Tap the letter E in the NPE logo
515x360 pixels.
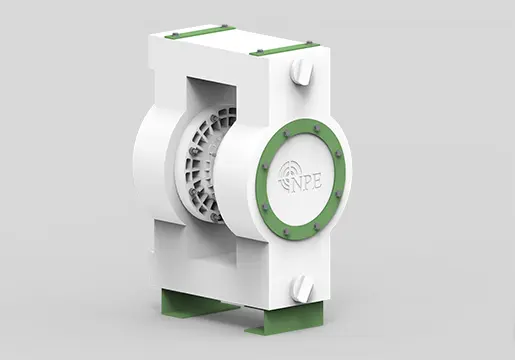click(316, 182)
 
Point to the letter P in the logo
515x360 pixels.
click(308, 184)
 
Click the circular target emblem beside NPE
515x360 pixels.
click(286, 176)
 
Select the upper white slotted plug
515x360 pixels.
click(301, 74)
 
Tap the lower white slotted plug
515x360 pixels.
click(301, 288)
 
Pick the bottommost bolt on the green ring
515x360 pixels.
click(285, 231)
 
